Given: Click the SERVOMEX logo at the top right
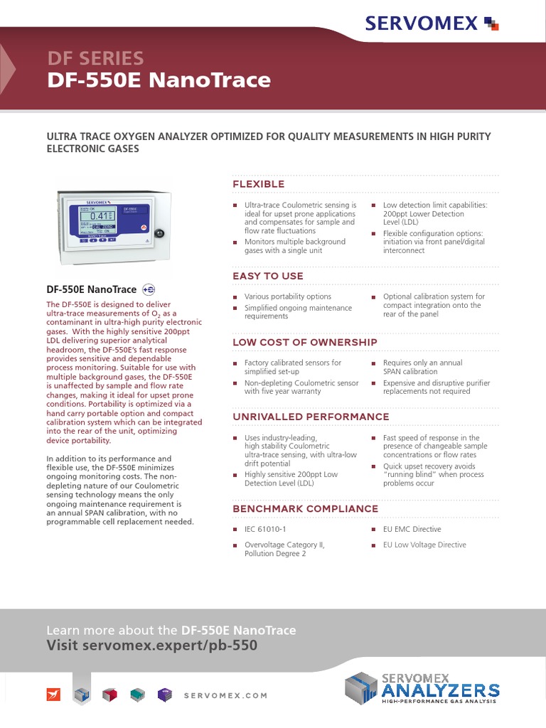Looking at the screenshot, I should click(x=432, y=23).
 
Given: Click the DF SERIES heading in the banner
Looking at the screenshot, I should click(x=95, y=58).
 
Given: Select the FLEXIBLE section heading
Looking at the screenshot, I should click(x=259, y=184).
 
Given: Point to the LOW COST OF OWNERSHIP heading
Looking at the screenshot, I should click(x=305, y=342).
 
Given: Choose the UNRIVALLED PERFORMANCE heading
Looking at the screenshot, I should click(x=311, y=417).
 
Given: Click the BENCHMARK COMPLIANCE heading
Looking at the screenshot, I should click(x=305, y=508).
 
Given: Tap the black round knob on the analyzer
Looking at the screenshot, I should click(x=159, y=232).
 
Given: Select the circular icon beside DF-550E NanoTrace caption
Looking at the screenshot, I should click(x=149, y=289).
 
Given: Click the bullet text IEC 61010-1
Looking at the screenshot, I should click(x=265, y=530).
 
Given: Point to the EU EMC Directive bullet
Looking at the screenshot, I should click(x=412, y=529).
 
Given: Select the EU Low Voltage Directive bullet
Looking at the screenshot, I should click(x=424, y=545).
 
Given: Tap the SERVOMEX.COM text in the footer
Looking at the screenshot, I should click(x=225, y=695).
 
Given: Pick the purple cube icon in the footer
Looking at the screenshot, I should click(x=165, y=695).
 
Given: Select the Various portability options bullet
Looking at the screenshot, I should click(x=287, y=296).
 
